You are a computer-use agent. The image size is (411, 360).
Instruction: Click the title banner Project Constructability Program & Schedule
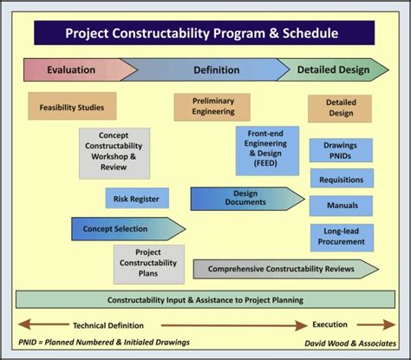tap(204, 34)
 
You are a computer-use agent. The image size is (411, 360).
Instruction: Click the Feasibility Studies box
tap(72, 108)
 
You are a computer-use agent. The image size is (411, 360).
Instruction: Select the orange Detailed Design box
tap(341, 108)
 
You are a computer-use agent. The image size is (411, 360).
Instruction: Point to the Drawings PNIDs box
tap(341, 149)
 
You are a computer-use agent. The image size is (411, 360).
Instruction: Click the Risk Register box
tap(137, 199)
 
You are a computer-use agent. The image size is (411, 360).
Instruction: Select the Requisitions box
tap(341, 180)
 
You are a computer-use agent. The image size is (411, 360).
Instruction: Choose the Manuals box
tap(341, 206)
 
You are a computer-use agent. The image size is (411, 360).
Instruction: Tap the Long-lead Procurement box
tap(341, 237)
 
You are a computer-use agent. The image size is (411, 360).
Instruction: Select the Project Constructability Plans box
tap(148, 264)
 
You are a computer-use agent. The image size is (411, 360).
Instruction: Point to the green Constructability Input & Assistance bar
tap(205, 300)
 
